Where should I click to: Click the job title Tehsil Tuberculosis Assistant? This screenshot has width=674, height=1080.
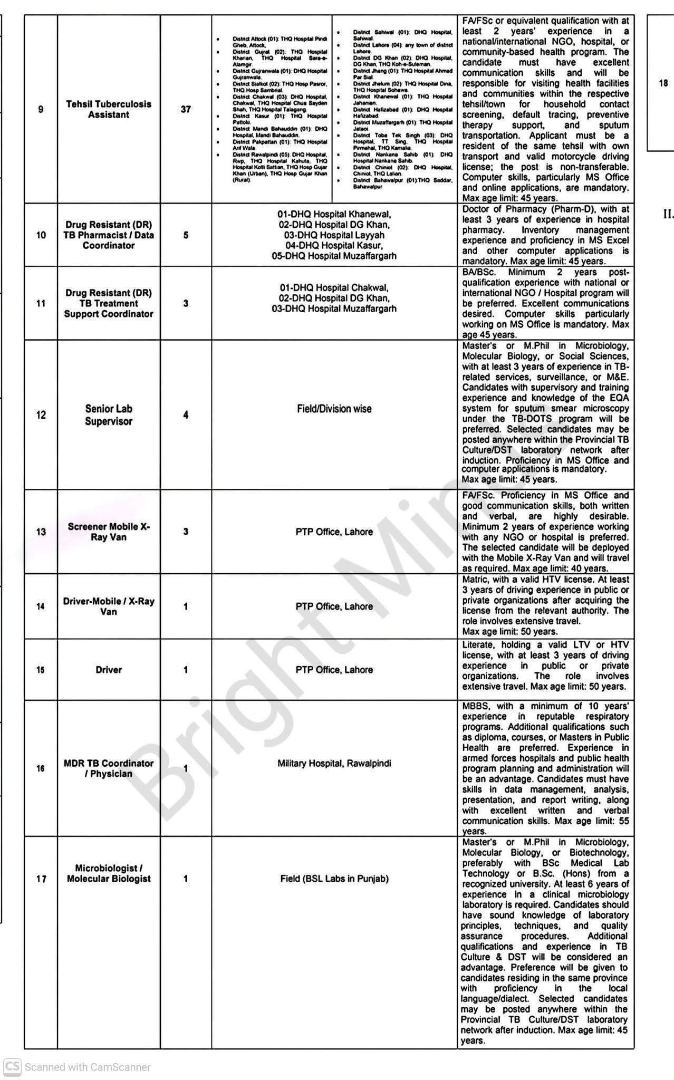point(109,109)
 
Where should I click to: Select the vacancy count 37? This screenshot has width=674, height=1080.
point(186,109)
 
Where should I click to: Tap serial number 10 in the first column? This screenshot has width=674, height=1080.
point(41,235)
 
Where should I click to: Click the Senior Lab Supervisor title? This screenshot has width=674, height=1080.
point(109,415)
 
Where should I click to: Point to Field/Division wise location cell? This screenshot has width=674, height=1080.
point(334,409)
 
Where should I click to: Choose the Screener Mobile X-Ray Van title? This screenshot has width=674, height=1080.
point(109,532)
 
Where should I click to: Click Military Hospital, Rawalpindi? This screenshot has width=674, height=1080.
point(334,763)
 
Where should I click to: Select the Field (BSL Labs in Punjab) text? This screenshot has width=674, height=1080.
point(334,879)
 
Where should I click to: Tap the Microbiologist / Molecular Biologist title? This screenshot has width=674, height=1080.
point(109,873)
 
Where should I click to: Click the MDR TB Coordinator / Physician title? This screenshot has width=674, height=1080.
point(109,768)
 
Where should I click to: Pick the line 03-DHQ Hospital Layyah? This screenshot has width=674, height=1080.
point(334,235)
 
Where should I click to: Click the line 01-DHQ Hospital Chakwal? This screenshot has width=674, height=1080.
point(334,288)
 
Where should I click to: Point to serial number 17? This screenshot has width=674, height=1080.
point(41,879)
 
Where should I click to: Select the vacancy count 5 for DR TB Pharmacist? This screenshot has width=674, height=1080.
point(186,235)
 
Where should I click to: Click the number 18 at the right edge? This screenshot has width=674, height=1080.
point(663,83)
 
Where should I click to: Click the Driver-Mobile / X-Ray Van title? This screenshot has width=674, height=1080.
point(109,606)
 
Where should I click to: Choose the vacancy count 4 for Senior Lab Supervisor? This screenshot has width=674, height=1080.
point(186,415)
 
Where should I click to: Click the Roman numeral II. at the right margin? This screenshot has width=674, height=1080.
point(668,214)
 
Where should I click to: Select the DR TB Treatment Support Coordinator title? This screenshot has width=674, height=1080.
point(109,303)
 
